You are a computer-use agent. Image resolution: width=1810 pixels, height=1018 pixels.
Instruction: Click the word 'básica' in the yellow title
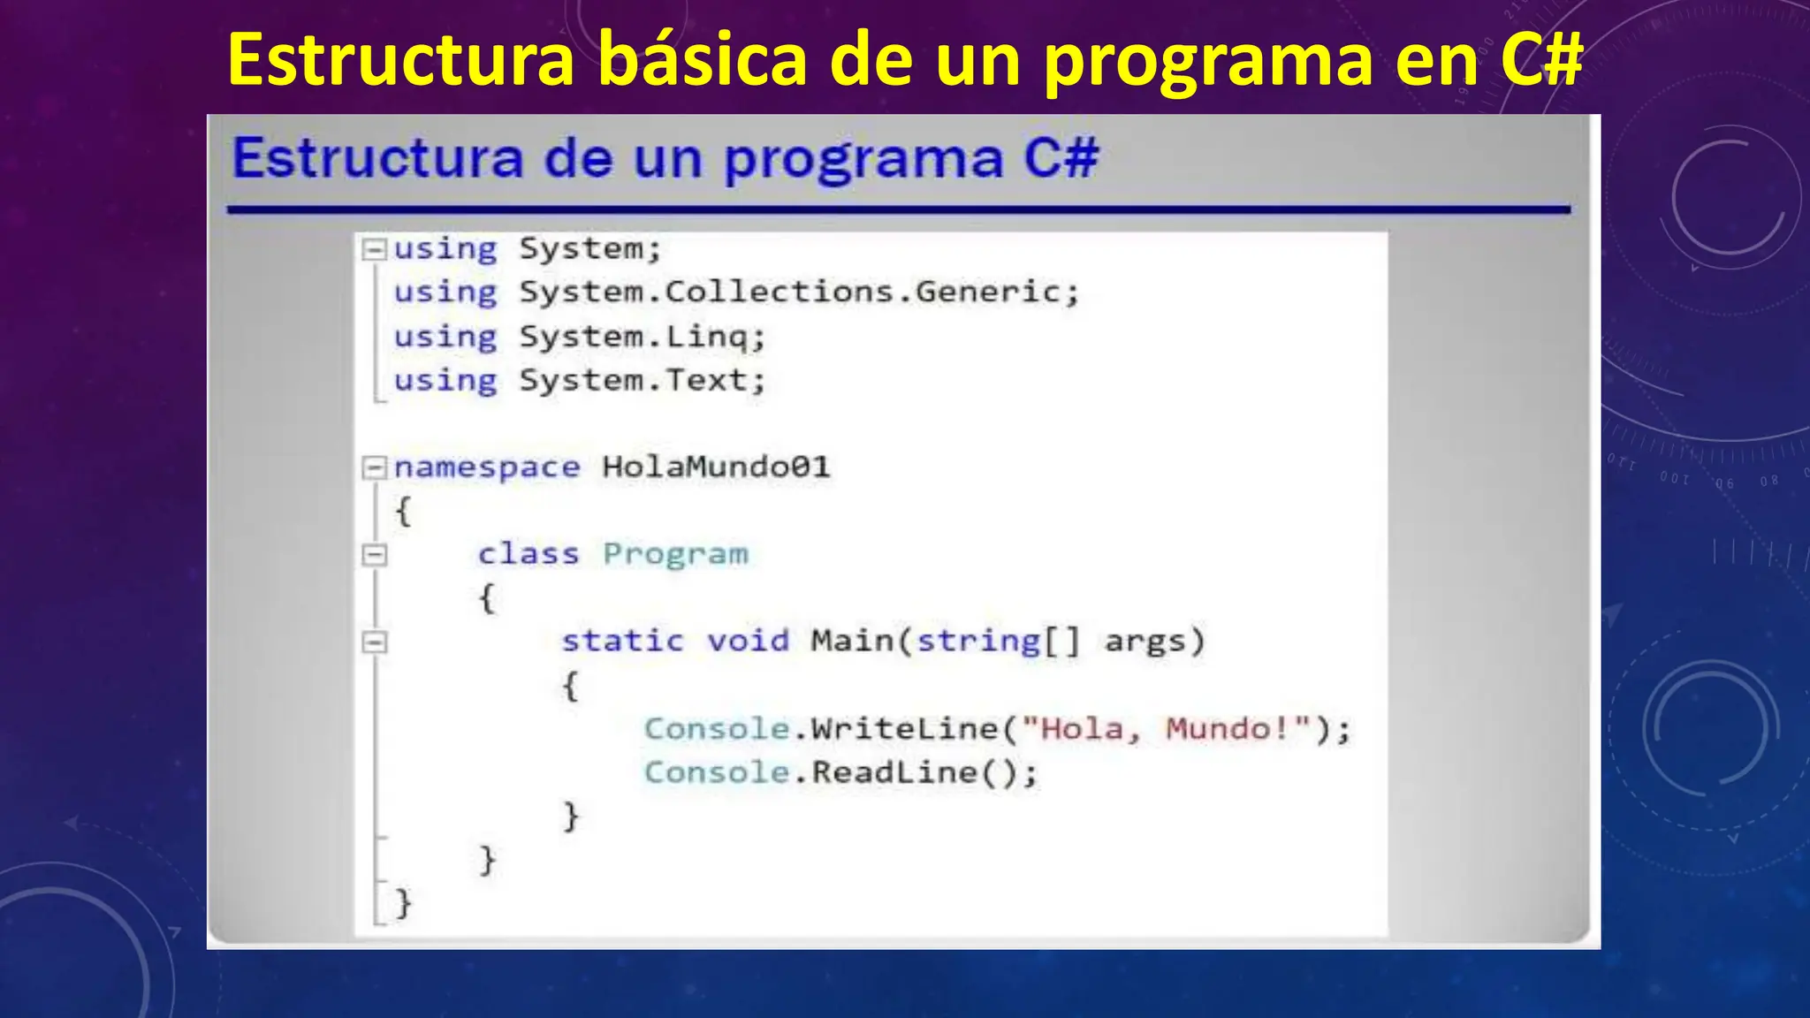coord(703,60)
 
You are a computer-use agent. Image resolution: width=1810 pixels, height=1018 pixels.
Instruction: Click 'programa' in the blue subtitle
coord(863,160)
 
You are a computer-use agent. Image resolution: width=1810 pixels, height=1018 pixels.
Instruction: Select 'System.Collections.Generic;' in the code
coord(799,292)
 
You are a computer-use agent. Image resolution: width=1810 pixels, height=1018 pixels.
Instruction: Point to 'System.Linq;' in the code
coord(642,337)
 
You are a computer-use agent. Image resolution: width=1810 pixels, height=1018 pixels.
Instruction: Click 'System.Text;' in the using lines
coord(642,381)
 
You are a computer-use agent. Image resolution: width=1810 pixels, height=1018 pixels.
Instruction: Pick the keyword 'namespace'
coord(487,467)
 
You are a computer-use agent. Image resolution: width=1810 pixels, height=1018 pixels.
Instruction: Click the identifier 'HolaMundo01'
coord(716,467)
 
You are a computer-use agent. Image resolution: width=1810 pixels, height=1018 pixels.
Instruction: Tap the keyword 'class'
coord(528,554)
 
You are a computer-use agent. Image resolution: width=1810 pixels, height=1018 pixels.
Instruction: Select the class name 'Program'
coord(675,554)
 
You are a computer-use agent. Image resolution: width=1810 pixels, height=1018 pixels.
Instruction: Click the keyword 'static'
coord(622,641)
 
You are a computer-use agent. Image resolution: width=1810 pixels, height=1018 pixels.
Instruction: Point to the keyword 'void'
coord(748,641)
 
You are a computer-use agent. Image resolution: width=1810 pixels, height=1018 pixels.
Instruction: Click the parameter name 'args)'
coord(1154,641)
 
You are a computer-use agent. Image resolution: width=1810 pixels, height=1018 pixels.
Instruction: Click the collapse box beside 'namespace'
coord(375,467)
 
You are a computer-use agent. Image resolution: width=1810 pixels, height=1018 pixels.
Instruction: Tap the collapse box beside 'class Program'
coord(375,555)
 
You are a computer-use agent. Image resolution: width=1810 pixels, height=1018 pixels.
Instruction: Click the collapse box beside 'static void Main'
coord(375,642)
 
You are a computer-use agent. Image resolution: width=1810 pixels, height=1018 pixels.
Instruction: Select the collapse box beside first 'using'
coord(375,249)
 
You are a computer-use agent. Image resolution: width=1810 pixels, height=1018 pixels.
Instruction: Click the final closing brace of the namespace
coord(403,903)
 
